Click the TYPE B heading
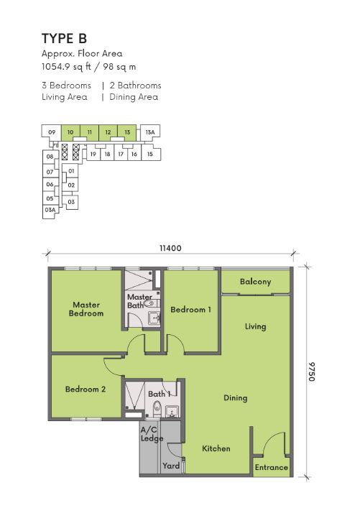click(64, 39)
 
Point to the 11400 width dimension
click(170, 248)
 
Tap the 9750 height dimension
click(311, 372)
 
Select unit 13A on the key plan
click(150, 132)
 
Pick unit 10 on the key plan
click(70, 132)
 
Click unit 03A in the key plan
click(50, 210)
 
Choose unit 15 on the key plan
click(150, 155)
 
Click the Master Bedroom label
click(86, 309)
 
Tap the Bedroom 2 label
click(86, 389)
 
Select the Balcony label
click(255, 282)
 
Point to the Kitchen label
click(216, 448)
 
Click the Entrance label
click(272, 467)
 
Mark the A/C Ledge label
click(152, 434)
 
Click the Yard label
click(171, 466)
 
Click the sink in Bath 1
click(172, 411)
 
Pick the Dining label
click(236, 398)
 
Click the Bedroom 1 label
click(190, 310)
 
